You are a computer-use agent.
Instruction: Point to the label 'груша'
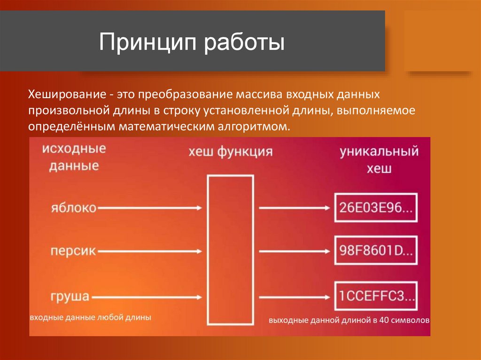point(70,296)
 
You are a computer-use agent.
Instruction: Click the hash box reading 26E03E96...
point(375,208)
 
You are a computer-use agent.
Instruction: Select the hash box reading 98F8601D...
point(375,252)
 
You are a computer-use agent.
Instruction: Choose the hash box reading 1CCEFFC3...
point(375,296)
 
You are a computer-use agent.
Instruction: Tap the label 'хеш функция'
point(230,152)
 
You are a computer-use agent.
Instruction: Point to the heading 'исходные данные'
point(74,157)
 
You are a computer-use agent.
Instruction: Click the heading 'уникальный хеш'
point(379,160)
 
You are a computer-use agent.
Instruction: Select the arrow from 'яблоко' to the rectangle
point(150,207)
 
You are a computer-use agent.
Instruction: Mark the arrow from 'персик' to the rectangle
point(150,252)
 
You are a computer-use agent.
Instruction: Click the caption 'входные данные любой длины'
point(90,318)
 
